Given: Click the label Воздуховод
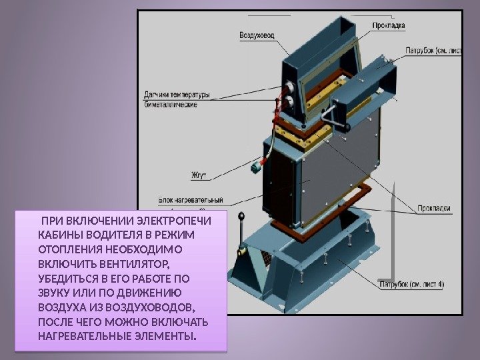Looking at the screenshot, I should (x=256, y=35).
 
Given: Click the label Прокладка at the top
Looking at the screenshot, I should (x=389, y=25).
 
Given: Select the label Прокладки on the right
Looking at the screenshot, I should (x=434, y=208).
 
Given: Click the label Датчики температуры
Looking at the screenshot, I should (x=177, y=93).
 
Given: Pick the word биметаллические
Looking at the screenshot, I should (x=171, y=105).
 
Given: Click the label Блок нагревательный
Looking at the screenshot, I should (x=190, y=199).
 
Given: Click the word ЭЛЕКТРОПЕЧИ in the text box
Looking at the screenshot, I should (x=172, y=221).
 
